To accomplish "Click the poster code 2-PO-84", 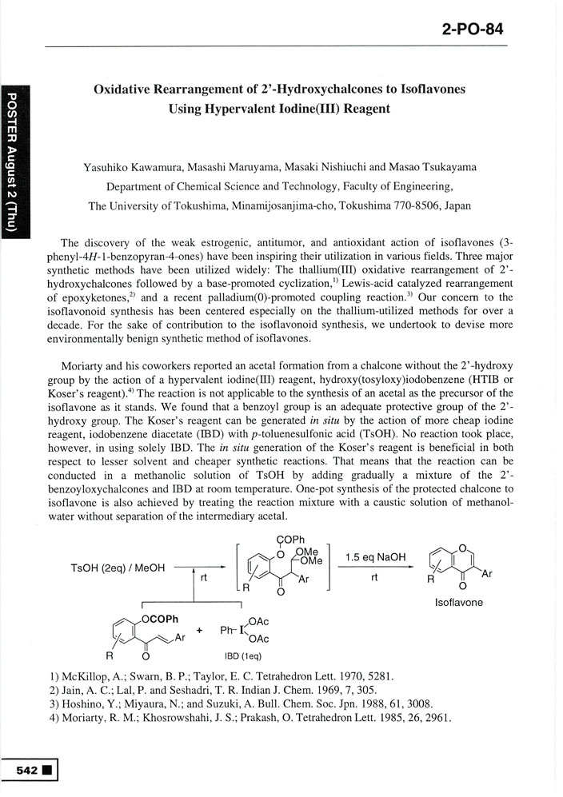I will point(471,30).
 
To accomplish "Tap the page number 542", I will point(26,770).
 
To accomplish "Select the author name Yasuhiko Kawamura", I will point(128,167).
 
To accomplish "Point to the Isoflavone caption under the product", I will point(458,602).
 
